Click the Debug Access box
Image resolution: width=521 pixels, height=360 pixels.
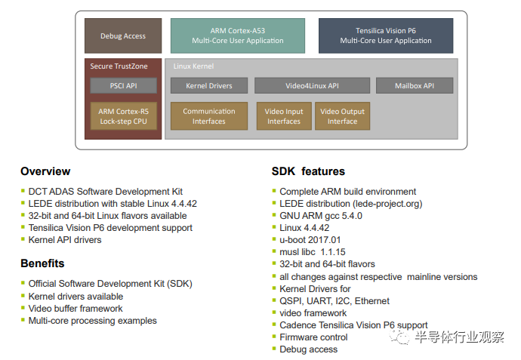coord(123,36)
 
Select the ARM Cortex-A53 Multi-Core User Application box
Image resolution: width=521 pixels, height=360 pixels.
coord(238,36)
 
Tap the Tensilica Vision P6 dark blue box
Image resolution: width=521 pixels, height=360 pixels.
coord(386,36)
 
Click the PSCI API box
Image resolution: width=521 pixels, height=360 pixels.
coord(123,86)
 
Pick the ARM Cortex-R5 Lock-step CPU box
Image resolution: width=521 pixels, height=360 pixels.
coord(123,116)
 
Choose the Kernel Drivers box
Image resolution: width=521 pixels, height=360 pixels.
coord(209,86)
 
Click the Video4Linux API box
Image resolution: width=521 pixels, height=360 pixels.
coord(312,86)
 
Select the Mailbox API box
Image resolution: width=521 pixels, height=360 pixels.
coord(415,86)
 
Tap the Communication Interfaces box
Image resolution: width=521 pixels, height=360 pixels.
coord(209,116)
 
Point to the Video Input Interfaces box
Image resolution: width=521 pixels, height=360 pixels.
coord(284,116)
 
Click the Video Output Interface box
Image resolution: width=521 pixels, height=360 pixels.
coord(342,116)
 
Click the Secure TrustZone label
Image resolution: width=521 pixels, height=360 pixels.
coord(119,66)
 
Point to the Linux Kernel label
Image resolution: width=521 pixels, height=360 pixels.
coord(193,66)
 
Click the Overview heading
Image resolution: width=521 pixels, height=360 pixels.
coord(45,171)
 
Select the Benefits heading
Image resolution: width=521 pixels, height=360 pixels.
coord(42,263)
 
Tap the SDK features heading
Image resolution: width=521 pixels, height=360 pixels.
coord(308,171)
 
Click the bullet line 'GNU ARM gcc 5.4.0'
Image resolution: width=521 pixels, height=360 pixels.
coord(321,216)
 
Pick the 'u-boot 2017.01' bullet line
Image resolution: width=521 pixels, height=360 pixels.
coord(310,240)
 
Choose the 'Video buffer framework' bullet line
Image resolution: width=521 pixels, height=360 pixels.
coord(76,309)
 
